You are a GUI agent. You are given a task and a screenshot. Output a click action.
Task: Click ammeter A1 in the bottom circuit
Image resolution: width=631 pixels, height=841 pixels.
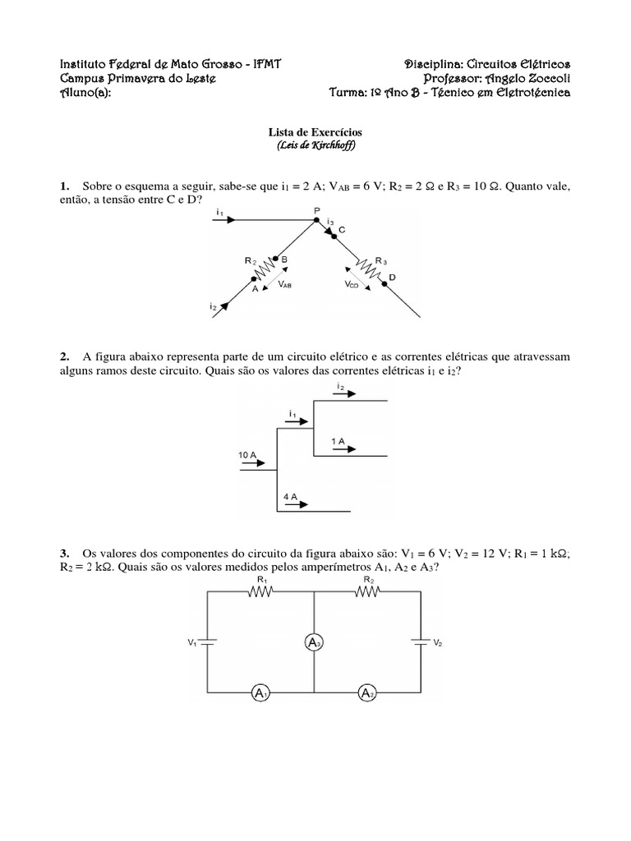[261, 694]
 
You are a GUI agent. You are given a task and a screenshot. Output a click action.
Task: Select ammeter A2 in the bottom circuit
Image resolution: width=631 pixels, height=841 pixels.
[367, 694]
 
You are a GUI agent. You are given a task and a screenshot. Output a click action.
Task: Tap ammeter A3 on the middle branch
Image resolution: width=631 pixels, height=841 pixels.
[315, 643]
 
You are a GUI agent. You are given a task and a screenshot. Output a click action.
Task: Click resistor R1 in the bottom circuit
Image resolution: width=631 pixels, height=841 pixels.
[261, 596]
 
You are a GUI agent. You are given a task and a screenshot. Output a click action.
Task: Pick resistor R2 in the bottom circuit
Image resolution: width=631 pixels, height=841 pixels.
[367, 596]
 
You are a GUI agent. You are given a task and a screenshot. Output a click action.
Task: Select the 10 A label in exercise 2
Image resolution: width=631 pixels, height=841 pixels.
[249, 454]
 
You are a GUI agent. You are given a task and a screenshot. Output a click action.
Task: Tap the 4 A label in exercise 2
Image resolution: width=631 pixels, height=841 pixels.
[290, 497]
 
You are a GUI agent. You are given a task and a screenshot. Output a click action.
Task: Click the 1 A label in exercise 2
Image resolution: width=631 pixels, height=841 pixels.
[339, 441]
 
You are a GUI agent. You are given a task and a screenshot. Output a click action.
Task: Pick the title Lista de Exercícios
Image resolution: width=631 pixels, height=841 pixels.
[316, 131]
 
